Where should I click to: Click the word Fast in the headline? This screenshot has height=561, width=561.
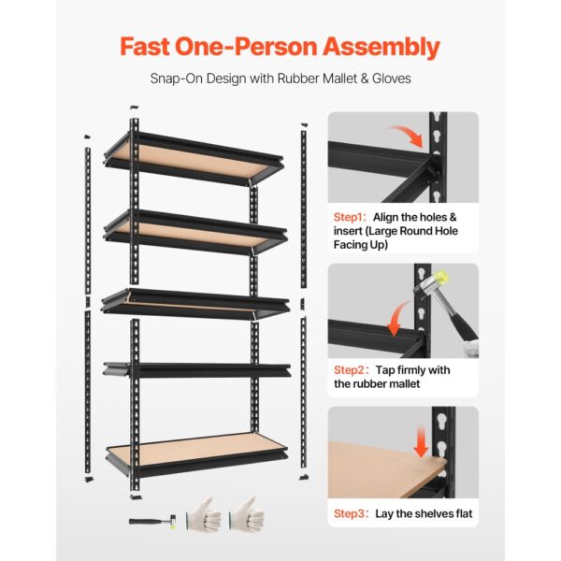pyautogui.click(x=145, y=47)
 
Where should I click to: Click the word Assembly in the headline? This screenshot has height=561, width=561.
pyautogui.click(x=381, y=48)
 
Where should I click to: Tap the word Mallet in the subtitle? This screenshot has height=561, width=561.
pyautogui.click(x=340, y=79)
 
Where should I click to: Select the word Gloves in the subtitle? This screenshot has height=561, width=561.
pyautogui.click(x=392, y=79)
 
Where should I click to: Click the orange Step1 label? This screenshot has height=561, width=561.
pyautogui.click(x=348, y=217)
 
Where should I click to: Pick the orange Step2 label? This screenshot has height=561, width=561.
pyautogui.click(x=349, y=370)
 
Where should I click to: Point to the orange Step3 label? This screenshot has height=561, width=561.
pyautogui.click(x=349, y=513)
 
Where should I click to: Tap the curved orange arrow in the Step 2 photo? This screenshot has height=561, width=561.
pyautogui.click(x=398, y=319)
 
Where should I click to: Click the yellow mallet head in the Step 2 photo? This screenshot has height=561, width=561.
pyautogui.click(x=442, y=277)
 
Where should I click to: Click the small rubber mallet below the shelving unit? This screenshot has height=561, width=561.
pyautogui.click(x=152, y=521)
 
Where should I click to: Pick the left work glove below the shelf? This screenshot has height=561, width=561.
pyautogui.click(x=204, y=514)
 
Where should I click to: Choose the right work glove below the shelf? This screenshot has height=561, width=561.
pyautogui.click(x=247, y=514)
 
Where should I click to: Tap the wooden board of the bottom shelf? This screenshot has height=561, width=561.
pyautogui.click(x=195, y=450)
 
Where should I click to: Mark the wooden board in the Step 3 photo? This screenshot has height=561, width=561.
pyautogui.click(x=384, y=469)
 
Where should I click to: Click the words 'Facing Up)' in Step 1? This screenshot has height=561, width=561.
pyautogui.click(x=361, y=245)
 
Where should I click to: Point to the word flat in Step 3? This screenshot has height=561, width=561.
pyautogui.click(x=464, y=513)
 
